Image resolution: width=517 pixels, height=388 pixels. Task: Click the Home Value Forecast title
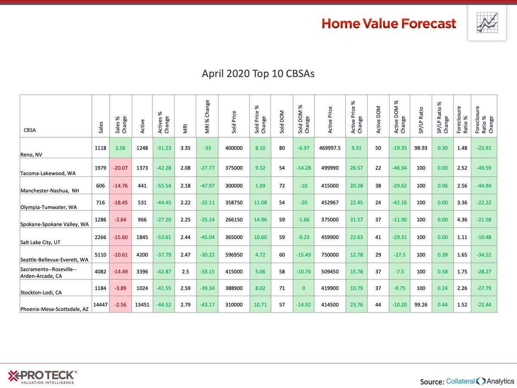(388, 24)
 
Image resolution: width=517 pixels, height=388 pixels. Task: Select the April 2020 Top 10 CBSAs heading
(258, 74)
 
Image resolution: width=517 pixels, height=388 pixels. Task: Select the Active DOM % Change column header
(400, 116)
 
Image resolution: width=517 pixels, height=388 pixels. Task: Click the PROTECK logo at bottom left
(42, 376)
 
